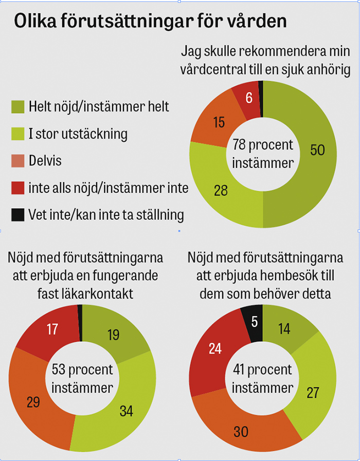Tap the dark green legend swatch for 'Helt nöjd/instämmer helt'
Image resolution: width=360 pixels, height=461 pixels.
click(18, 107)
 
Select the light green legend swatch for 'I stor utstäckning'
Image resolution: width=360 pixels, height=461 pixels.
click(18, 134)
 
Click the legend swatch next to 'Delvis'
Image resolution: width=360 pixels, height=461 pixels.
click(18, 161)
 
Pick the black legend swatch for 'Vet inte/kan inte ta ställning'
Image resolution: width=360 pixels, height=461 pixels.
click(18, 214)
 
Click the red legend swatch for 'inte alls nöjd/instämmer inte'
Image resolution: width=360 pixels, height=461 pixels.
click(18, 188)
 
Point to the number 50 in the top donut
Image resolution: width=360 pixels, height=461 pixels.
click(317, 150)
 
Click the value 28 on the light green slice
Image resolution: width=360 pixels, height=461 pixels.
click(221, 190)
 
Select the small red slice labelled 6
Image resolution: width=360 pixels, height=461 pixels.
click(249, 98)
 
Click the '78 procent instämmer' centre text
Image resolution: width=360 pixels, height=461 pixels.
click(263, 153)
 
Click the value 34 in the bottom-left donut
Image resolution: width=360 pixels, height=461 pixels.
click(125, 410)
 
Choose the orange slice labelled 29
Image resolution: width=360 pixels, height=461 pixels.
click(33, 401)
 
